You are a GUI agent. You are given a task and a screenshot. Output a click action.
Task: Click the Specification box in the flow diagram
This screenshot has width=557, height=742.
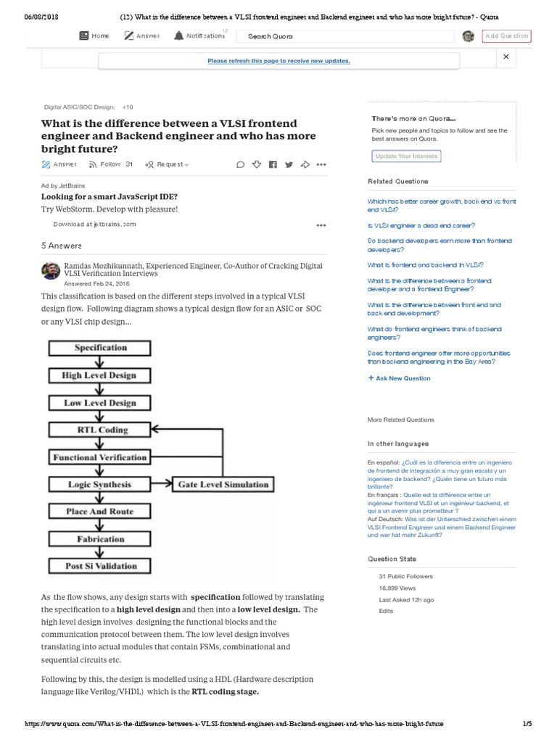(x=100, y=348)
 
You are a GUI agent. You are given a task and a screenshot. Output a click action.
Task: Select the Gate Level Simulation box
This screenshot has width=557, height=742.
(x=223, y=484)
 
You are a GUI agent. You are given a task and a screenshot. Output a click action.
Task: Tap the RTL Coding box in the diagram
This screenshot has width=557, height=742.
(x=100, y=430)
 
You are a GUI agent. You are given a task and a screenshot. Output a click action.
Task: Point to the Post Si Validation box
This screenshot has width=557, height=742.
(x=100, y=566)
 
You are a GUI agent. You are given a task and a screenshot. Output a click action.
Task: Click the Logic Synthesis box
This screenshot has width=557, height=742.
(x=100, y=484)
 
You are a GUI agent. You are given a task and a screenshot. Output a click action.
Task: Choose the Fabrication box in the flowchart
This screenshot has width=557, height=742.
(x=100, y=539)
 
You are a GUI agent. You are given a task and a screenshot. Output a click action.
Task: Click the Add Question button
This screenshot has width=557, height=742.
(x=506, y=36)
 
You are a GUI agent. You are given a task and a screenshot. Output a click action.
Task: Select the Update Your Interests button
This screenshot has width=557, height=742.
(x=406, y=156)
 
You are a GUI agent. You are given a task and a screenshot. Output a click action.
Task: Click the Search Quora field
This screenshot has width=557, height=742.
(x=348, y=36)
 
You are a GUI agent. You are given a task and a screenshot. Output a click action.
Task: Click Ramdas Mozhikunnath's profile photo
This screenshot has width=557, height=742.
(x=51, y=271)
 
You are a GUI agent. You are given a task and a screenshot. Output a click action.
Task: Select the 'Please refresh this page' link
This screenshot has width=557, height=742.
(x=278, y=61)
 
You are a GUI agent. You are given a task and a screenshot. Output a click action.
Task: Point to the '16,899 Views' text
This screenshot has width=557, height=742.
(x=397, y=588)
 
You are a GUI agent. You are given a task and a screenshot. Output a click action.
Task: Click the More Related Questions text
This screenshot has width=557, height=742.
(x=401, y=420)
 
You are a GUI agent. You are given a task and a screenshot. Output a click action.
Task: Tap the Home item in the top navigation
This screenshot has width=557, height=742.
(x=94, y=36)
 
